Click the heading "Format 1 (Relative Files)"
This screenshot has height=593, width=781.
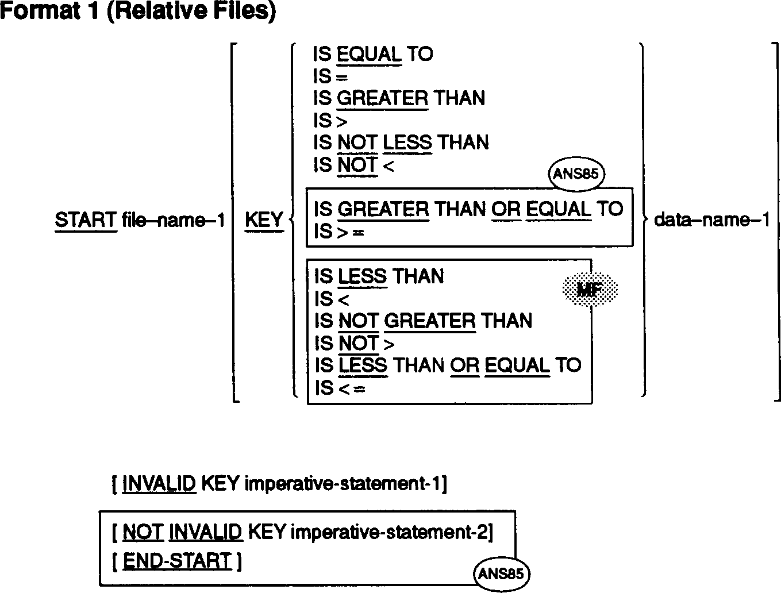coord(138,11)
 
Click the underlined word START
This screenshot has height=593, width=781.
coord(86,220)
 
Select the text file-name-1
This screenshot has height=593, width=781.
coord(174,220)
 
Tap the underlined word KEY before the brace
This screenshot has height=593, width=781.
coord(264,220)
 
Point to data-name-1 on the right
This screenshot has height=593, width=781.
coord(711,220)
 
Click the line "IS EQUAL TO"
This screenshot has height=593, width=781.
coord(372,55)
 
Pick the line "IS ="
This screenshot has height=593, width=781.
coord(330,76)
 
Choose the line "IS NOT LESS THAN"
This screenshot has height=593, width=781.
coord(401,143)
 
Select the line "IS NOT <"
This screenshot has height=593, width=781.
coord(353,165)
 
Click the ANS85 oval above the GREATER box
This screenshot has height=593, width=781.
coord(576,174)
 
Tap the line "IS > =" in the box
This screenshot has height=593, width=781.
coord(339,232)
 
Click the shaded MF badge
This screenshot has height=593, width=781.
coord(590,290)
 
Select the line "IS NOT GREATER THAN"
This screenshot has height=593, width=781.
coord(423,321)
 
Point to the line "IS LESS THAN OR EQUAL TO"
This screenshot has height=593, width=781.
coord(448,365)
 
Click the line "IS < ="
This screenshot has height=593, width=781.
coord(340,388)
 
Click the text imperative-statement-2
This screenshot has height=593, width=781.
coord(390,533)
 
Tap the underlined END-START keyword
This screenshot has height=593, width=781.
coord(177,561)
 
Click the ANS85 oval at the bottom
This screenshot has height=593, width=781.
coord(501,573)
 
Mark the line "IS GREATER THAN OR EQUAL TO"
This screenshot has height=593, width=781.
coord(468,209)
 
